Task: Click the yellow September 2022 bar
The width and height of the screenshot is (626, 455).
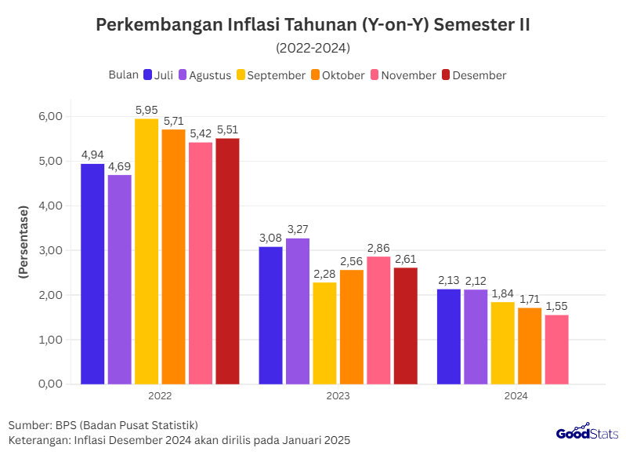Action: (147, 251)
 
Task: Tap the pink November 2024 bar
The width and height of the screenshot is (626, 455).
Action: (556, 349)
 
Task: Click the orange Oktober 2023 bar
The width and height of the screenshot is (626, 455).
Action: (351, 326)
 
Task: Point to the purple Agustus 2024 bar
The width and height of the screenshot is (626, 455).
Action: (476, 337)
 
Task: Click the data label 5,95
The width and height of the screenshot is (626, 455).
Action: (147, 111)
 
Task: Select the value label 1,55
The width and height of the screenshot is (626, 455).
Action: (556, 307)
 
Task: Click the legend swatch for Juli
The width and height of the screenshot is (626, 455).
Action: (147, 75)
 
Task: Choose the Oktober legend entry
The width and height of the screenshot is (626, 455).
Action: (338, 75)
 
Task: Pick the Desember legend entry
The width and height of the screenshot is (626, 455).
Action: (474, 75)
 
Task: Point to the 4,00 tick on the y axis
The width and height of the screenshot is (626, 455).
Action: (50, 206)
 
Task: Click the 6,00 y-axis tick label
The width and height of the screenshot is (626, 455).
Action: (50, 116)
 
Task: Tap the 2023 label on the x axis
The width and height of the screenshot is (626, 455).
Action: (338, 396)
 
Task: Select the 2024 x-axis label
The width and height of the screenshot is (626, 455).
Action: (516, 396)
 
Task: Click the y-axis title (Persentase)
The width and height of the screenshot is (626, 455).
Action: (24, 242)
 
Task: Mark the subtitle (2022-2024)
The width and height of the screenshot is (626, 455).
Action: (313, 48)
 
